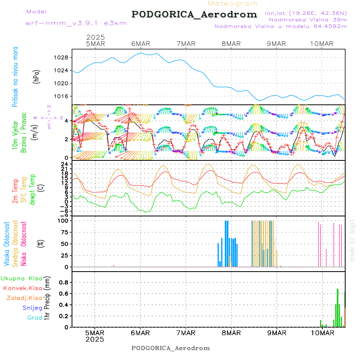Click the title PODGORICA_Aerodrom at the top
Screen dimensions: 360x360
pos(194,14)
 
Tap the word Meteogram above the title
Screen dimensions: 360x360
pos(233,4)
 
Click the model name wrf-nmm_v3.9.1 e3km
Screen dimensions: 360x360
pos(76,23)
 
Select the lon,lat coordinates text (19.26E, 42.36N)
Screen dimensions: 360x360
pos(306,13)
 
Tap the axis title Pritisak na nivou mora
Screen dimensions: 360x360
pos(15,76)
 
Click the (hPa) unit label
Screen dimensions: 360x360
pos(37,76)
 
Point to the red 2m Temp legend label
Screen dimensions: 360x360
pos(15,191)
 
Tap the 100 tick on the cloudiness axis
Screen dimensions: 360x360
pos(64,220)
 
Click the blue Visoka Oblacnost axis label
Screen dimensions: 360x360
pos(7,243)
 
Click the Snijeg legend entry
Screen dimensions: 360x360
pos(32,308)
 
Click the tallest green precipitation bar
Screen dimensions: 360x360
pos(338,308)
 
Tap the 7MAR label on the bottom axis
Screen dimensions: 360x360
pos(186,333)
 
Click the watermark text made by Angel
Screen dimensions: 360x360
pos(352,240)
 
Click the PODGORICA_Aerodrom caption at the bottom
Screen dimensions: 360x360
pos(170,348)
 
